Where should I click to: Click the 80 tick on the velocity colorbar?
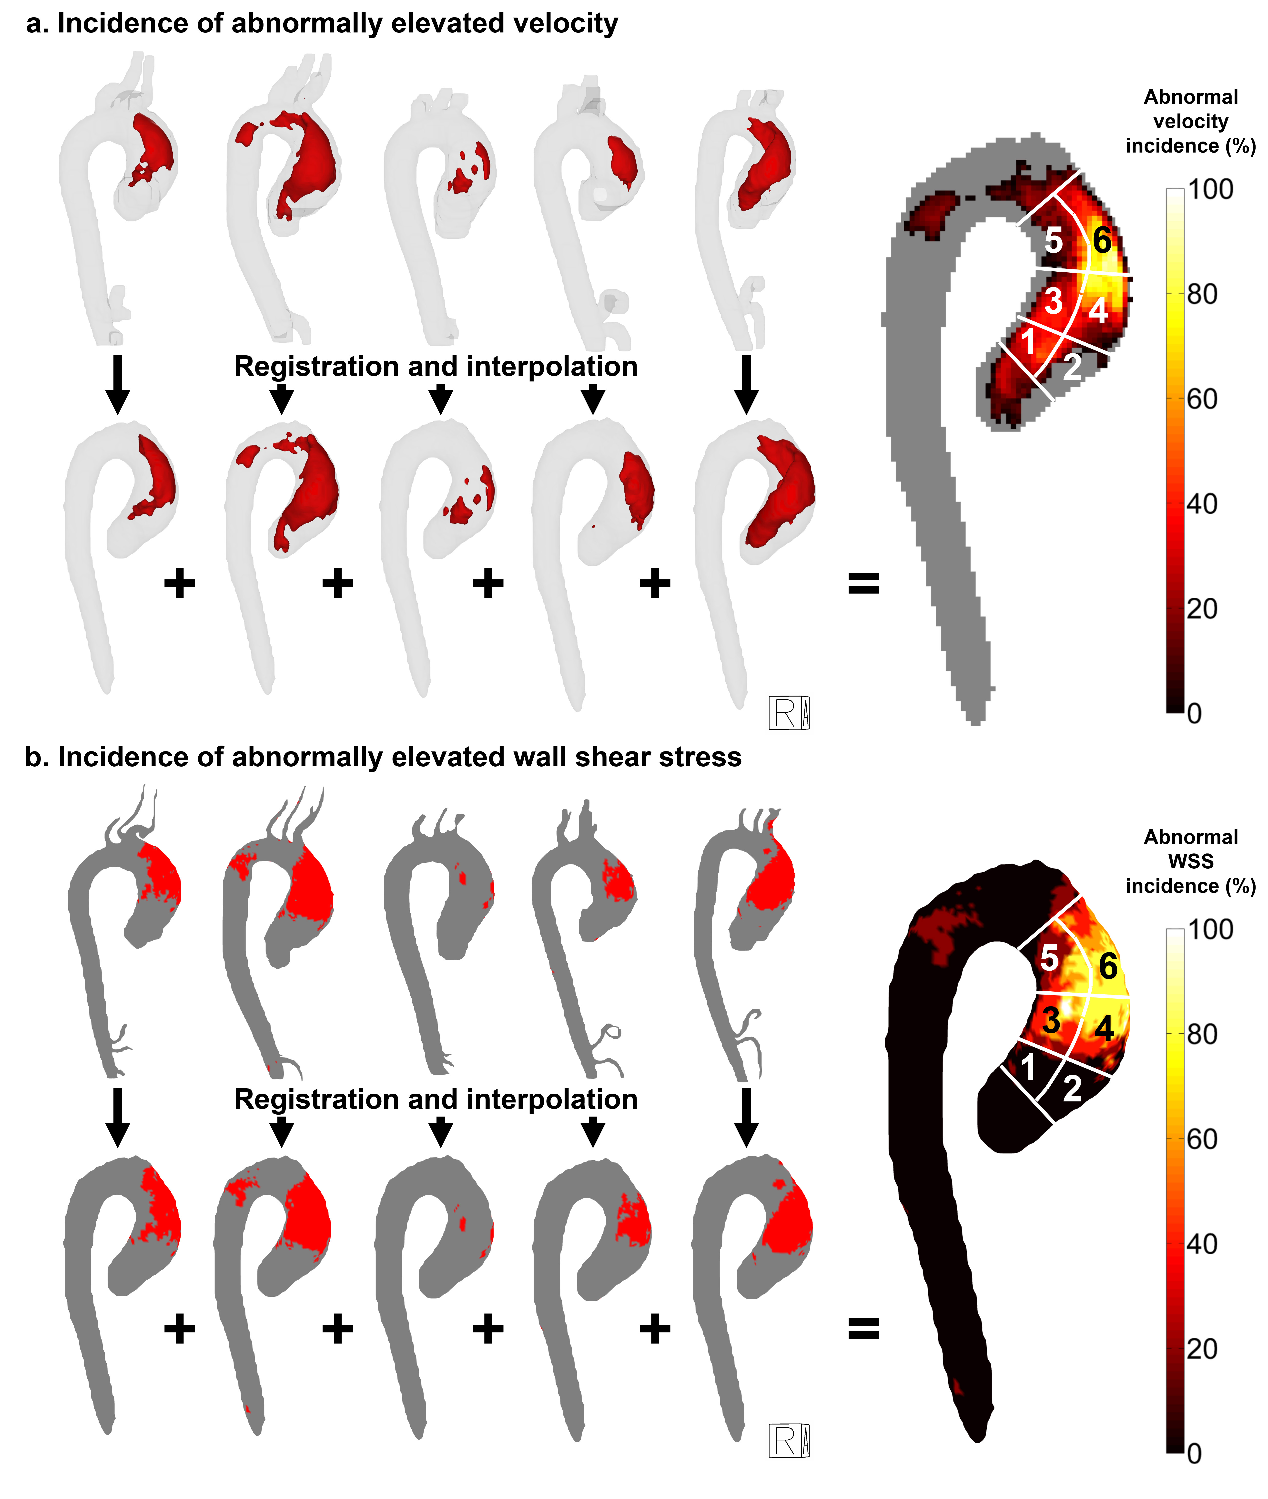(x=1201, y=294)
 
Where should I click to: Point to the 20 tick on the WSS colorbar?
(x=1201, y=1349)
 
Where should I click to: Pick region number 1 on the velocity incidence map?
(x=1029, y=341)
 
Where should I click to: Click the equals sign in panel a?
(x=863, y=583)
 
